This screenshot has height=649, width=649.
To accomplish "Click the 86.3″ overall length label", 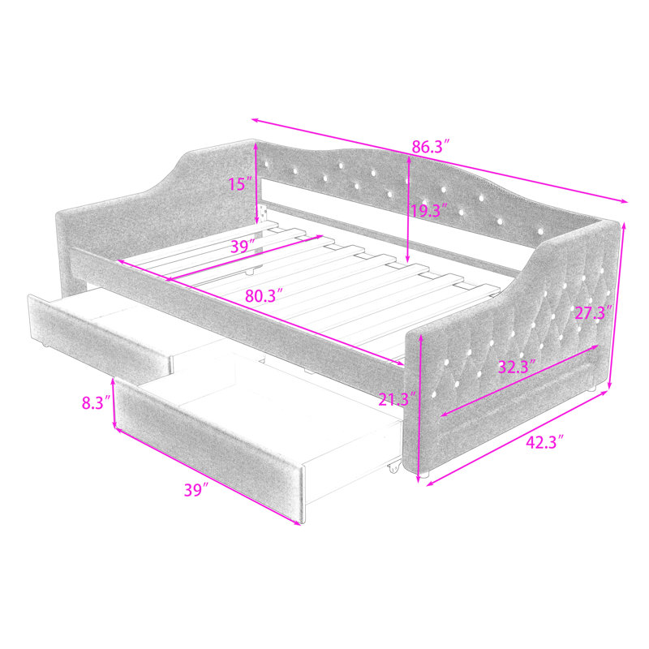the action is tap(431, 147).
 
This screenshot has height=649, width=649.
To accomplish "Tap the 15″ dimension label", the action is tap(240, 184).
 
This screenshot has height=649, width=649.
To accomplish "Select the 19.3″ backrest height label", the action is tap(429, 211).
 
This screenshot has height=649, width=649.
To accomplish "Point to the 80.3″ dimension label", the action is tap(264, 295).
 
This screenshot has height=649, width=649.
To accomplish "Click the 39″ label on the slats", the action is tap(242, 247).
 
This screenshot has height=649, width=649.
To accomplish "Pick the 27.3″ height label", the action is tap(594, 312).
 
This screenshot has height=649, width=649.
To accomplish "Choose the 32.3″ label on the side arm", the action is tap(517, 367).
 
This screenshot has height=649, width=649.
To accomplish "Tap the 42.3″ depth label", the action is tap(545, 442).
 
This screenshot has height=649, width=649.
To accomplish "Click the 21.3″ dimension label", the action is tap(397, 399).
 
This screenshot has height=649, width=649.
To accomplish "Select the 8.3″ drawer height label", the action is tap(96, 402).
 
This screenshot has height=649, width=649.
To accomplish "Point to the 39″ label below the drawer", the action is tap(196, 490).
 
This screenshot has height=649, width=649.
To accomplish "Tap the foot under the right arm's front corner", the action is tap(424, 475).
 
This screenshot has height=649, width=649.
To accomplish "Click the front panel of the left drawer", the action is tap(100, 335).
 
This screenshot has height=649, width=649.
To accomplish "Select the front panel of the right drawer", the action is tap(209, 451).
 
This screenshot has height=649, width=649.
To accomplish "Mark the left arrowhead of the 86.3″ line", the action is tap(256, 120).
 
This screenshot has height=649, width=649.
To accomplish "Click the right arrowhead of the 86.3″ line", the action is tap(624, 200).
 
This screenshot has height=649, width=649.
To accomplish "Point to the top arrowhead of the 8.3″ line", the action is tap(113, 381).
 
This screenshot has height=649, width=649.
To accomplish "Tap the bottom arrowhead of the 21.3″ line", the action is tap(419, 479).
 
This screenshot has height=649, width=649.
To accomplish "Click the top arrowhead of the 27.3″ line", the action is tap(623, 226).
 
